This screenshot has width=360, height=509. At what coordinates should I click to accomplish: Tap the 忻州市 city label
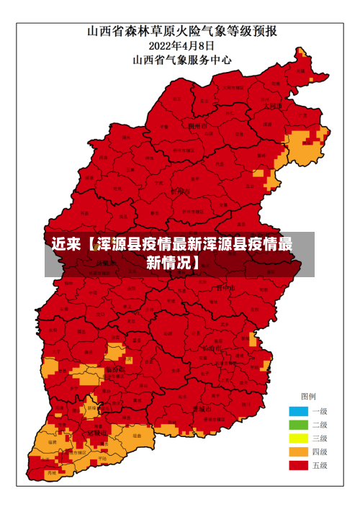pos(181,192)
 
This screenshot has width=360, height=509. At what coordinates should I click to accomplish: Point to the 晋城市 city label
pos(201,408)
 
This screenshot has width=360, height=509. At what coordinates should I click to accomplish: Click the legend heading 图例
pos(307,397)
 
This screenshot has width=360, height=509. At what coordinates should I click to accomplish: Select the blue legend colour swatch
pos(298,411)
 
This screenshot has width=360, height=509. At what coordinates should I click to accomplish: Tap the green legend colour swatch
pos(298,425)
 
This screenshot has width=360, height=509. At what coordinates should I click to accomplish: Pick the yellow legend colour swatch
pos(298,438)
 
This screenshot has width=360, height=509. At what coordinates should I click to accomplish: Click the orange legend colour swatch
pos(298,452)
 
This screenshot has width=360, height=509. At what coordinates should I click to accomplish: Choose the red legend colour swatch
pos(298,466)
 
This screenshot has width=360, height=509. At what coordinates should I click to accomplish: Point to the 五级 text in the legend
pos(319,466)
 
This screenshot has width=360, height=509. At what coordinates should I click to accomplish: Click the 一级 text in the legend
pos(319,411)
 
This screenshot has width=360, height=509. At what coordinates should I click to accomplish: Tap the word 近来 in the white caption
pos(66,245)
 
